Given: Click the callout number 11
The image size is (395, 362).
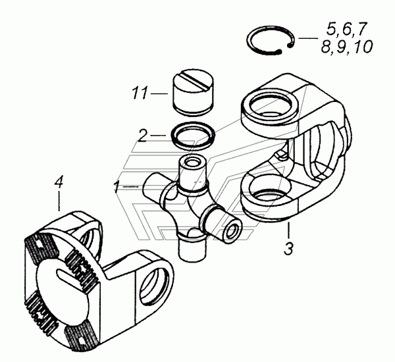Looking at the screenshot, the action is click(x=140, y=93).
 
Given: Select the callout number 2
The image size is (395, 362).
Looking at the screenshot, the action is click(x=143, y=136).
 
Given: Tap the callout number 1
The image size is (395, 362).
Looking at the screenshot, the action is click(x=117, y=187).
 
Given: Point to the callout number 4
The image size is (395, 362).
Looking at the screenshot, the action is click(x=59, y=182).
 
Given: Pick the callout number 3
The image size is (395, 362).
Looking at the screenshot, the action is click(x=288, y=249).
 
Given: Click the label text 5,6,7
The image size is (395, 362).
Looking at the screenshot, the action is click(x=346, y=28).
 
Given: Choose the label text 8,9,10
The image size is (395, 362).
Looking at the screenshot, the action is click(x=347, y=47).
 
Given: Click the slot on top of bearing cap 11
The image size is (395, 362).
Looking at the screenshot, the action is click(x=194, y=80).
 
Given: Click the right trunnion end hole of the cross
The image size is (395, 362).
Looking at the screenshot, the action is click(x=232, y=231).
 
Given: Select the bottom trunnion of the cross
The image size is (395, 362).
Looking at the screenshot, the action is click(x=191, y=248).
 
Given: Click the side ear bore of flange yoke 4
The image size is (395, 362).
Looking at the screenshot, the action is click(x=154, y=284).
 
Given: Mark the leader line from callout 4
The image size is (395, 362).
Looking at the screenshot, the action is click(x=59, y=201).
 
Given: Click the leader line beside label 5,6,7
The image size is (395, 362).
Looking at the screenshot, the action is click(x=308, y=38).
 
